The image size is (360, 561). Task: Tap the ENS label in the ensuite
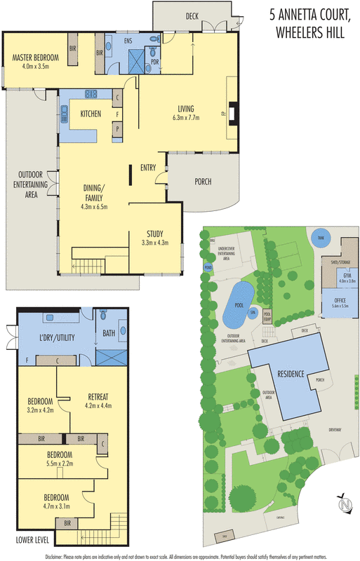128,42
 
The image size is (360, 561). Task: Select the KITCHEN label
91,114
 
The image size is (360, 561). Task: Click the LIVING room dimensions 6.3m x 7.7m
185,118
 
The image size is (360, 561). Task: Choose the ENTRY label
147,168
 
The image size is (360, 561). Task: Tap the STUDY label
155,234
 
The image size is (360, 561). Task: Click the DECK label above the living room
192,15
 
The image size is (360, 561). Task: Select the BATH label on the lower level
109,334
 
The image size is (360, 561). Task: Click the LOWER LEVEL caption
33,541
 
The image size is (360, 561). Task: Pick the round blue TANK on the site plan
321,237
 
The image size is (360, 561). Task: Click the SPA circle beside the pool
253,312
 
